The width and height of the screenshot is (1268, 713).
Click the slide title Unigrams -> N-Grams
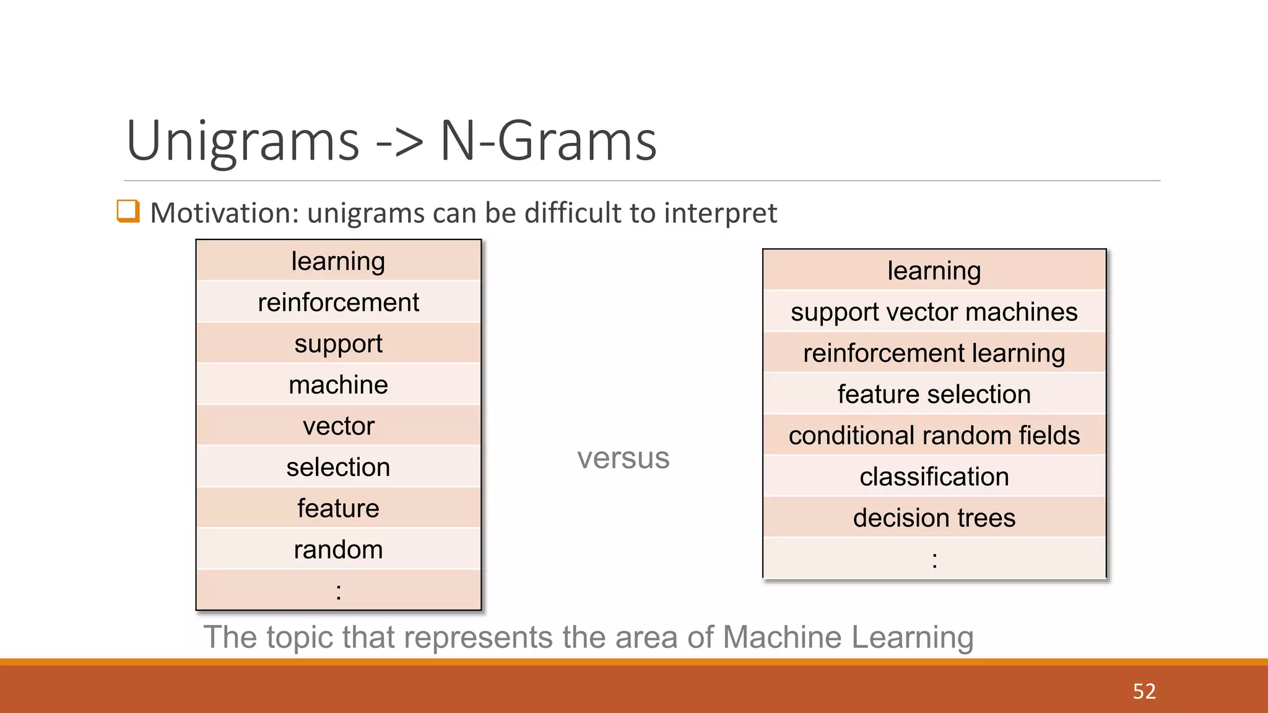pos(391,141)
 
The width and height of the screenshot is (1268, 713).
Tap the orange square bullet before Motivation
pos(128,211)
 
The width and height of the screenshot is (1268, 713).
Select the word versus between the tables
pos(623,459)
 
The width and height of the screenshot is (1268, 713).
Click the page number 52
pos(1144,691)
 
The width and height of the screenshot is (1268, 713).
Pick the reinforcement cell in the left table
pos(338,303)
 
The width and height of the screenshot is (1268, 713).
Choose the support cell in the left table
pos(338,344)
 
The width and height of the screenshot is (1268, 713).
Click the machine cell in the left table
pos(338,385)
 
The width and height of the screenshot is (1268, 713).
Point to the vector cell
pos(338,426)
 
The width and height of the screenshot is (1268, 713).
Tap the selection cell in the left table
pos(338,467)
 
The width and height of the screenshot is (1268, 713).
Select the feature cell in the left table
pos(338,508)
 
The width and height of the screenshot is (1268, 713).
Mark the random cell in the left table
pos(338,550)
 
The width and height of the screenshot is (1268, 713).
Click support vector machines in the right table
pos(934,312)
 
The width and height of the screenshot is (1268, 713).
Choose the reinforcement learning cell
pos(934,353)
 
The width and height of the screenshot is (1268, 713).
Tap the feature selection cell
pos(934,394)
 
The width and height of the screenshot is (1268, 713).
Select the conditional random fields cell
pos(934,436)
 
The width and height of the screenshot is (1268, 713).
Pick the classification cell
pos(934,477)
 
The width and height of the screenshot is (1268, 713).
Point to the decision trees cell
pos(934,518)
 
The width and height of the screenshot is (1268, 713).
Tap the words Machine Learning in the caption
pos(848,637)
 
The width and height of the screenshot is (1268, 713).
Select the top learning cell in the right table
pos(934,270)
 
